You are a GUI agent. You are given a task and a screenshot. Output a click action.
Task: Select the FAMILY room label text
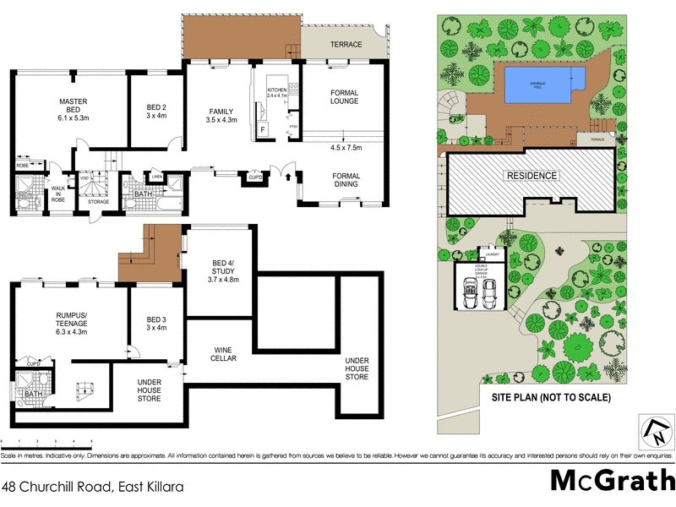[x=222, y=116]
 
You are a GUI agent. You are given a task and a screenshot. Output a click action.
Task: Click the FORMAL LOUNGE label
[x=345, y=97]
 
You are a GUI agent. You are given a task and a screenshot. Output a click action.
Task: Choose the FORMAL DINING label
[x=346, y=181]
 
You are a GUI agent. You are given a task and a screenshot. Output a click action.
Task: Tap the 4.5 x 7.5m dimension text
[x=345, y=148]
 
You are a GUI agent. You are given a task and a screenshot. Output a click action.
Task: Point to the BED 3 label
[x=155, y=322]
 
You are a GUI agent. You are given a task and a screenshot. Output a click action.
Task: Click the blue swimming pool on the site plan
[x=545, y=84]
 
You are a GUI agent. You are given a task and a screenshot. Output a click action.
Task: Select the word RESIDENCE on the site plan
[x=532, y=176]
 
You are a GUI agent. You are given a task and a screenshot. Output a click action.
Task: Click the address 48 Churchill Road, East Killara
[x=92, y=487]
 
